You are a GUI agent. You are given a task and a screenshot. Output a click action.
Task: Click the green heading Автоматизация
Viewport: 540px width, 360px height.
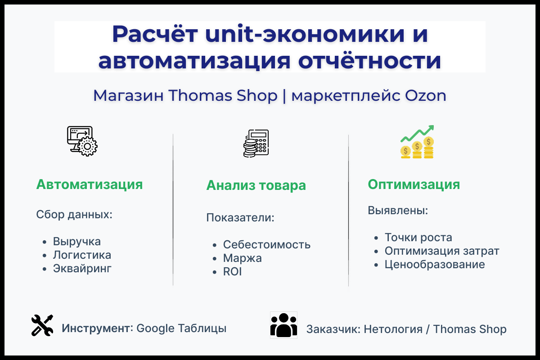(89, 184)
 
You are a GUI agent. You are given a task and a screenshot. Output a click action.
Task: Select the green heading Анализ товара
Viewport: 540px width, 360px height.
(256, 185)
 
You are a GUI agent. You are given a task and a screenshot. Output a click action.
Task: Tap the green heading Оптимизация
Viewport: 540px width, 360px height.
(414, 184)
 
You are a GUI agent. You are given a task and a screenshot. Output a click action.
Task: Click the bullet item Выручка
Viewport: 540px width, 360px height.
(77, 242)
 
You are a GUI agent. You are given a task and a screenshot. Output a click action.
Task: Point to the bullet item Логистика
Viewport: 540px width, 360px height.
(82, 255)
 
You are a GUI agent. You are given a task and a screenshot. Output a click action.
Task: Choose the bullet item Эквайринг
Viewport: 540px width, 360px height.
(82, 269)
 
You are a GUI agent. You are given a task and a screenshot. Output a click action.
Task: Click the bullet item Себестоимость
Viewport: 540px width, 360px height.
(267, 245)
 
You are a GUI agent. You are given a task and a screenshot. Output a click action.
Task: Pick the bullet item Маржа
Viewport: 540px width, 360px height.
(242, 258)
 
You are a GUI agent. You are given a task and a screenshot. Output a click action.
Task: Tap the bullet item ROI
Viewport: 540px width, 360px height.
(232, 272)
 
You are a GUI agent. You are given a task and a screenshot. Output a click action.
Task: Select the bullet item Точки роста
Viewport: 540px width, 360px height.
(418, 237)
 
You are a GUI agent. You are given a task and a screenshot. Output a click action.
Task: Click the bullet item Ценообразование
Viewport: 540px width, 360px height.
(435, 264)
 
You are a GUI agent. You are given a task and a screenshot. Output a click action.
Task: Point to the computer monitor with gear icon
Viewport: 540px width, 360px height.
(82, 141)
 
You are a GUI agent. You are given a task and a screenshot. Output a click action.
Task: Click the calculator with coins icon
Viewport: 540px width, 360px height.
(256, 144)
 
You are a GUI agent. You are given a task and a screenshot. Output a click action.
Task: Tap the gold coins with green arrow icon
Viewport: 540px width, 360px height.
(417, 142)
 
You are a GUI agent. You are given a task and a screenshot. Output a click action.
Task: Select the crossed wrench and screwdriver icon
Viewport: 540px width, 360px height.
(42, 325)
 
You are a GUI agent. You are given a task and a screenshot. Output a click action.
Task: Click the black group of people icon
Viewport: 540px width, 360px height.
(283, 325)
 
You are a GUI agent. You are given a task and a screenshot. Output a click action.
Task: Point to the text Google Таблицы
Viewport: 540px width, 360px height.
(181, 328)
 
